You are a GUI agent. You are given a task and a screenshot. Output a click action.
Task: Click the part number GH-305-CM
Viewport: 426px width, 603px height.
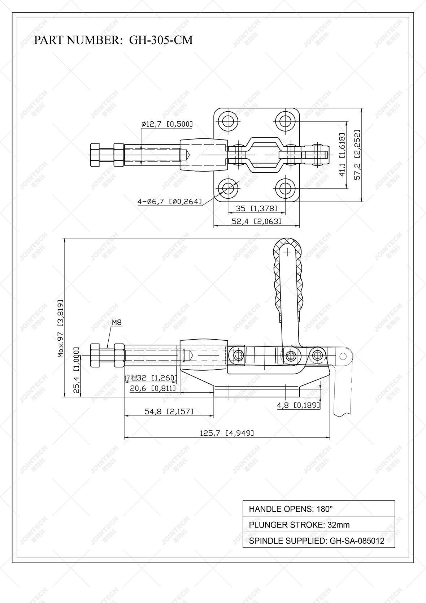161,40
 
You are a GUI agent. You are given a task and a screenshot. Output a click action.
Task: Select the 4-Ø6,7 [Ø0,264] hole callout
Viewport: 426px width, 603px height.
169,202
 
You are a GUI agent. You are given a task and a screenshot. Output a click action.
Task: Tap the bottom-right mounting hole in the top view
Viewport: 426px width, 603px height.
285,188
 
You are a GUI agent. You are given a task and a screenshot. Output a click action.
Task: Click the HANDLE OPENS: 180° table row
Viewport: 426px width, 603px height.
318,509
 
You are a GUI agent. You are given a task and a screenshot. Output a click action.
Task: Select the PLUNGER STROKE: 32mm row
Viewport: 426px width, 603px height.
318,525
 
